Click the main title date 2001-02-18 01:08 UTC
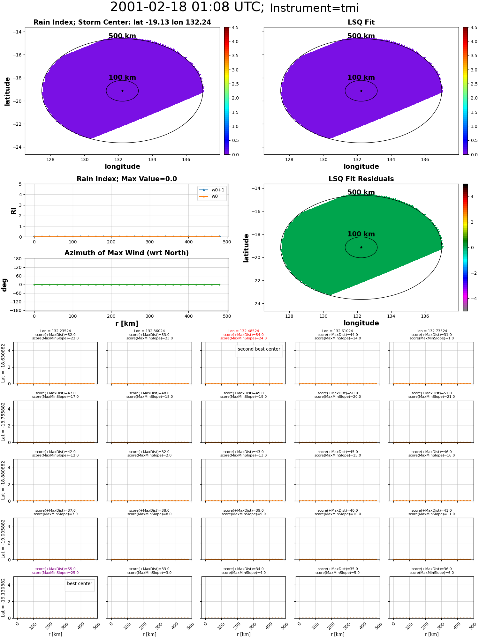point(187,7)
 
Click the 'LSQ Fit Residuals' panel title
point(361,179)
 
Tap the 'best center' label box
point(80,583)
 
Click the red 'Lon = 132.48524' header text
point(244,331)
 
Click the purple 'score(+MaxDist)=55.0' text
point(56,569)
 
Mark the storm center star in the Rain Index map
point(122,91)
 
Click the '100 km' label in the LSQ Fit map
point(361,78)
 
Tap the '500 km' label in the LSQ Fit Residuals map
point(361,192)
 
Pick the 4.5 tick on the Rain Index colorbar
point(235,27)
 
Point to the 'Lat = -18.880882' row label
point(3,480)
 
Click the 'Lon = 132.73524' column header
point(432,331)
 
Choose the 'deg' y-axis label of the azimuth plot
point(4,285)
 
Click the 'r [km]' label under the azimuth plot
point(127,323)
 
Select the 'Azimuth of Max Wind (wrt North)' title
point(127,253)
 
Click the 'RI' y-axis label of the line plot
point(13,211)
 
